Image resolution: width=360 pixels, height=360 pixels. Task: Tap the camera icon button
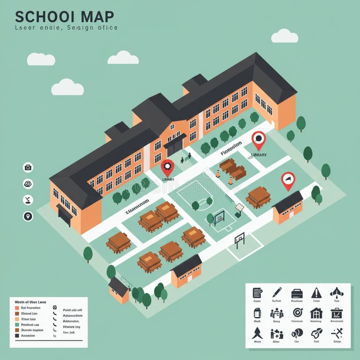(x=28, y=167)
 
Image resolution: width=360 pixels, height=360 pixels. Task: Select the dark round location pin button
(x=28, y=216)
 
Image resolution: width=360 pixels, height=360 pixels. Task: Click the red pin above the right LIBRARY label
(x=258, y=139)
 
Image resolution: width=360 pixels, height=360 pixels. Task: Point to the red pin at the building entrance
(x=167, y=167)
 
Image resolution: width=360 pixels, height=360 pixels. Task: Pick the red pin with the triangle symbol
(x=288, y=180)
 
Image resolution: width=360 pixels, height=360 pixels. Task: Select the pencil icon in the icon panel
(x=277, y=292)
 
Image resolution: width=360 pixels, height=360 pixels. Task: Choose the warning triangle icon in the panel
(x=316, y=292)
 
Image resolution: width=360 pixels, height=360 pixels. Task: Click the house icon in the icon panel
(x=316, y=313)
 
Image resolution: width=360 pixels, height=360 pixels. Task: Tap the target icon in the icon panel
(x=297, y=313)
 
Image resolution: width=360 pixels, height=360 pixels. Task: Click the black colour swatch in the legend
(x=17, y=336)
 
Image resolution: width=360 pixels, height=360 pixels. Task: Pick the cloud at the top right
(x=285, y=36)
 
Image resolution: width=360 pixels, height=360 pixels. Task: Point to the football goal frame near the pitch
(x=240, y=240)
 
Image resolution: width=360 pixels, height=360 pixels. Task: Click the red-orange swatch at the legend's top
(x=17, y=308)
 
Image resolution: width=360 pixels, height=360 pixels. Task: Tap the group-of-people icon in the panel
(x=277, y=313)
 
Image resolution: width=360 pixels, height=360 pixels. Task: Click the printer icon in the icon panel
(x=297, y=293)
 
